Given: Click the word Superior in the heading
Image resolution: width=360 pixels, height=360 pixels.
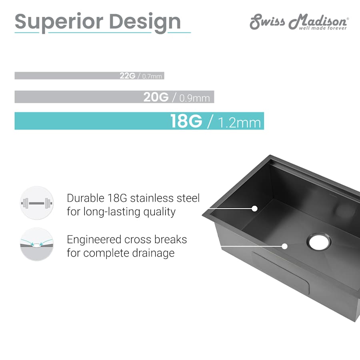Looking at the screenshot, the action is pos(59,22).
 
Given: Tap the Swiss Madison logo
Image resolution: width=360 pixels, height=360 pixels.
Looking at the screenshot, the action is pos(299,22).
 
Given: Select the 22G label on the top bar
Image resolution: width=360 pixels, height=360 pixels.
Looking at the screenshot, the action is pos(128,76).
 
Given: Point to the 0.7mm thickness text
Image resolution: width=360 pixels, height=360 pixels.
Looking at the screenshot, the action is pos(152,76).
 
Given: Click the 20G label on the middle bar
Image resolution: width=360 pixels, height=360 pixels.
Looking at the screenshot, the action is pos(156,97).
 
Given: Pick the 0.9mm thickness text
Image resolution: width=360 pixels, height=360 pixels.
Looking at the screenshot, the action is pos(194,98).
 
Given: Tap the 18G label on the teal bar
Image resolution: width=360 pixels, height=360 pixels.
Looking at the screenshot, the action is pos(186,121).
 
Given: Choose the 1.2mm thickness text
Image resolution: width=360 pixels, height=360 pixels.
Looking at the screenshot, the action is pos(240,123).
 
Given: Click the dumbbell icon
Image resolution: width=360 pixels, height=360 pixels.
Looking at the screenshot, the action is pos(37,203).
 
